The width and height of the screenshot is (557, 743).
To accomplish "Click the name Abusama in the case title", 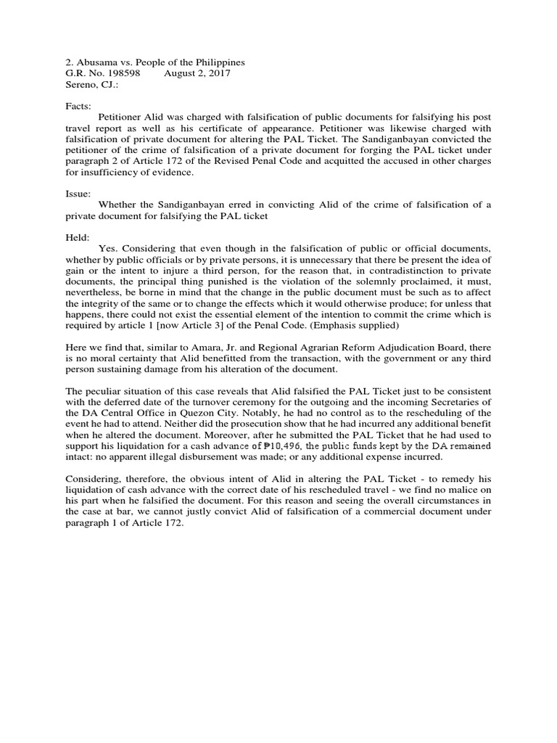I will point(98,62).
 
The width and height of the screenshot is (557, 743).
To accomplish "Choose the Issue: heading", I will point(78,194).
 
